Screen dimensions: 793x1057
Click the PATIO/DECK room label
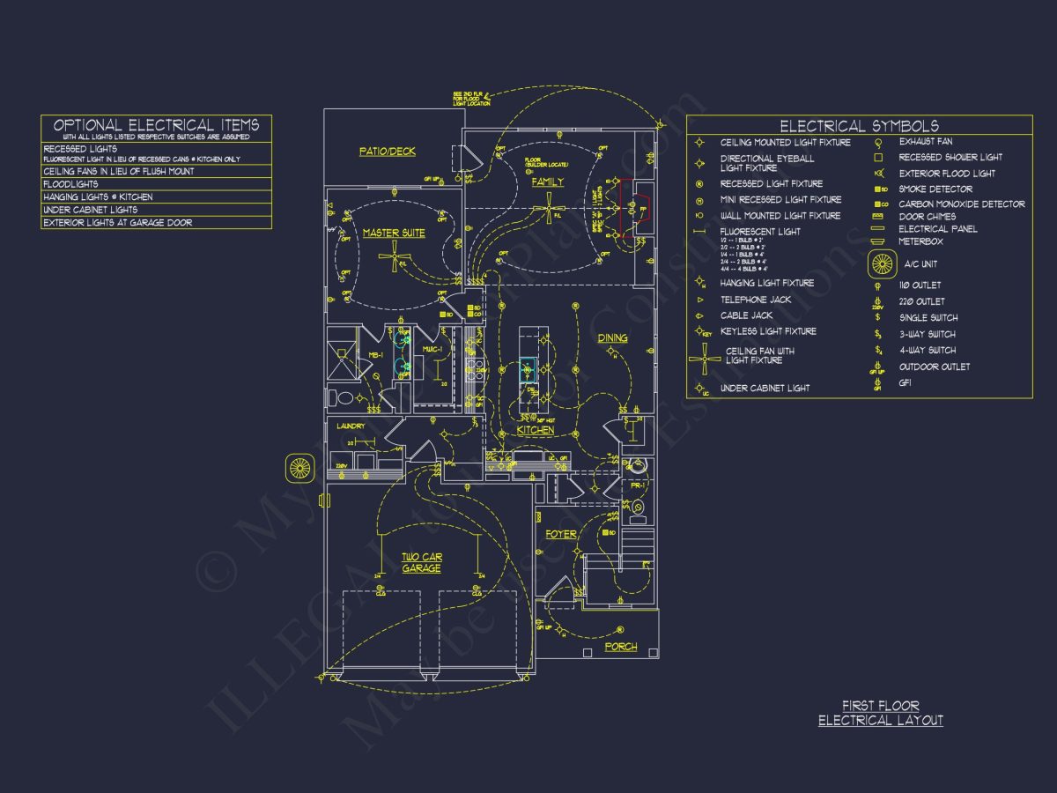coord(388,152)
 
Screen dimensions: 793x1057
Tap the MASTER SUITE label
coord(393,233)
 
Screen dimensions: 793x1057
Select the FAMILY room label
coord(547,182)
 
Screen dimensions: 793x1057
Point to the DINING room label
coord(613,338)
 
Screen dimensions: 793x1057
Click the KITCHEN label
coord(536,431)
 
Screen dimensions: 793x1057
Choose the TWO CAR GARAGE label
coord(422,563)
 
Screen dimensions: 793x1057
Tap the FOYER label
coord(561,535)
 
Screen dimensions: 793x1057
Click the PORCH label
coord(621,648)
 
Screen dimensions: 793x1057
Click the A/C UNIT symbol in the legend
coord(883,263)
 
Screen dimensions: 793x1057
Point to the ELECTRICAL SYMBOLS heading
coord(859,126)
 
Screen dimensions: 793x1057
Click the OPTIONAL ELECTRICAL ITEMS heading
coord(156,125)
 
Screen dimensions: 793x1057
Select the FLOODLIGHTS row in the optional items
coord(70,184)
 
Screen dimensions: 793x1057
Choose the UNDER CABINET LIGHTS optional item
coord(90,210)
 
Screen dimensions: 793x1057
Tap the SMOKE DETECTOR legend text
coord(935,189)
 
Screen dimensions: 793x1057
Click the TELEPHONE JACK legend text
coord(756,300)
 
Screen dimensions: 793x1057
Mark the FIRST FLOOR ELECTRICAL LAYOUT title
coord(881,713)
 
